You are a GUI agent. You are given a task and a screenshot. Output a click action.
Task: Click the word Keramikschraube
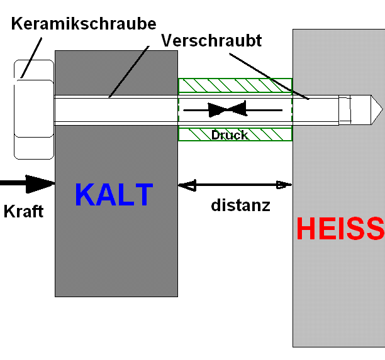[x=84, y=24]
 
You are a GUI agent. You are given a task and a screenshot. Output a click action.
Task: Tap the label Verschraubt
[x=211, y=40]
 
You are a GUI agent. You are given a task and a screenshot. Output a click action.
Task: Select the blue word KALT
[x=114, y=195]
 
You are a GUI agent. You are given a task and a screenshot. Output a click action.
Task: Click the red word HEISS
[x=340, y=228]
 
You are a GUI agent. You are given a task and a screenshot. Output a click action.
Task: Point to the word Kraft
[x=23, y=211]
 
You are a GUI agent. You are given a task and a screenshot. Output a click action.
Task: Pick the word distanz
[x=240, y=205]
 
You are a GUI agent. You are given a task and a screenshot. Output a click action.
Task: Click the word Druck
[x=230, y=135]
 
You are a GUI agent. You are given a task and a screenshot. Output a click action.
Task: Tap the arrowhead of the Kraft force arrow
[x=40, y=184]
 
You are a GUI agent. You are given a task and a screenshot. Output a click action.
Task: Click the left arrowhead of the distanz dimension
[x=187, y=185]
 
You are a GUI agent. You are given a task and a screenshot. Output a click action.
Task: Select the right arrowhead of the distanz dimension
[x=284, y=185]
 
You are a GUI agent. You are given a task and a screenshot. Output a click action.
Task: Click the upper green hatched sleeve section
[x=235, y=85]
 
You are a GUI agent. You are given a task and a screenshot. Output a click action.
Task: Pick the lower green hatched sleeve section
[x=235, y=134]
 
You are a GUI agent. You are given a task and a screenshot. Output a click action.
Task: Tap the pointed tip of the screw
[x=382, y=109]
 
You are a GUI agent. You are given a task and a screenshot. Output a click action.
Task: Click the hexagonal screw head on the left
[x=34, y=109]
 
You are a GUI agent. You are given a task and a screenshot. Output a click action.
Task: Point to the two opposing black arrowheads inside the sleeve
[x=227, y=109]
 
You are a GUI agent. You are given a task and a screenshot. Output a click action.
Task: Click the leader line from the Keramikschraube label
[x=31, y=58]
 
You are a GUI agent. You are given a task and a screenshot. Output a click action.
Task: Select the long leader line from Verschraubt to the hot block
[x=269, y=76]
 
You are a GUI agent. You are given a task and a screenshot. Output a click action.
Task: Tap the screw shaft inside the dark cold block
[x=116, y=110]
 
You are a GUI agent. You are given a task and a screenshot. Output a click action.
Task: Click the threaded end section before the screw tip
[x=345, y=109]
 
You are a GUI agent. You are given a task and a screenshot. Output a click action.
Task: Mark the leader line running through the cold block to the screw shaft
[x=129, y=72]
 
